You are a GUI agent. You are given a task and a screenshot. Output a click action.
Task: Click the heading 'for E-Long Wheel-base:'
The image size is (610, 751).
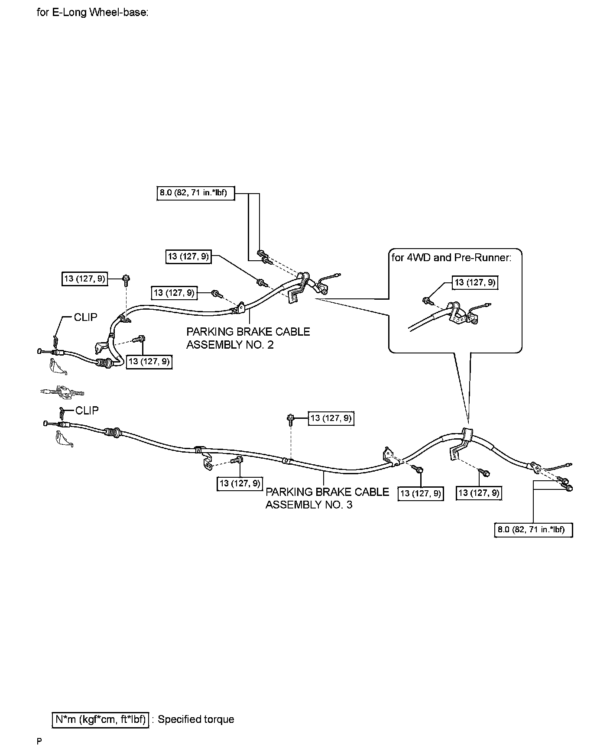[x=93, y=12]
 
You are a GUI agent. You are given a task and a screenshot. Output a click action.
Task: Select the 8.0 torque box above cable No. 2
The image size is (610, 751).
[x=195, y=193]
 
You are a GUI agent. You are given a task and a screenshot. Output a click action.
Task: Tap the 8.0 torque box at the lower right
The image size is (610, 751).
[x=533, y=530]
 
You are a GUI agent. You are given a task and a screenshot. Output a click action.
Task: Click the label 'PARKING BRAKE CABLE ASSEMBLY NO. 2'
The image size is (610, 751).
[x=248, y=338]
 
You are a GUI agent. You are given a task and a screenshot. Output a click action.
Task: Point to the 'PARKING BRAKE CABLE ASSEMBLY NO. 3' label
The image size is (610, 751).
[x=327, y=498]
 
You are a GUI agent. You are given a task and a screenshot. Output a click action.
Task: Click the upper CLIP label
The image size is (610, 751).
[x=85, y=317]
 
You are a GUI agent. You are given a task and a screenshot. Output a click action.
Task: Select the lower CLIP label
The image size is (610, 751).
[x=87, y=410]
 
